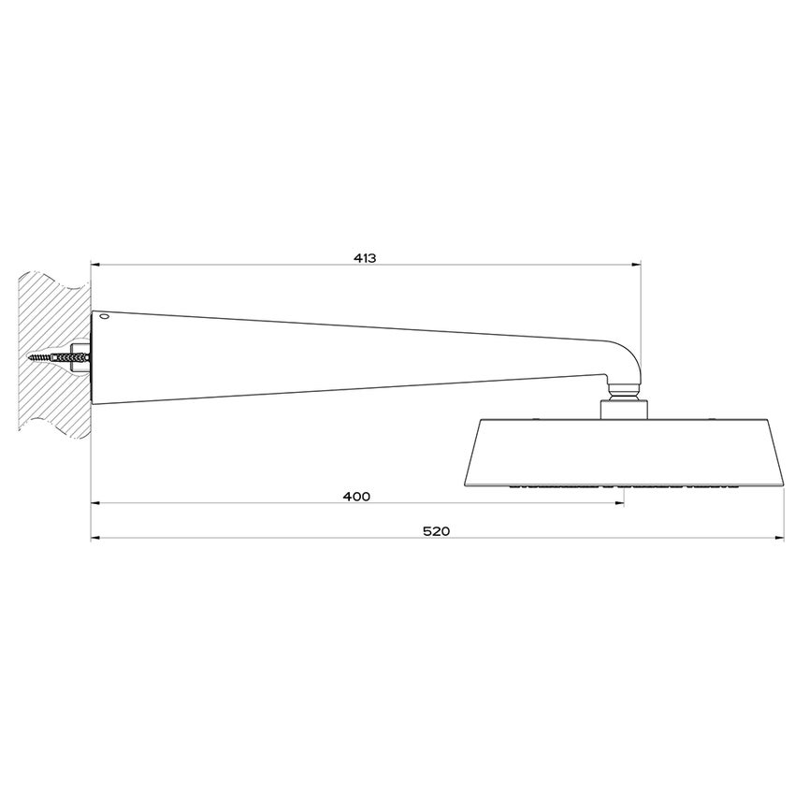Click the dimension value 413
coord(365,257)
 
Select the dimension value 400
coord(356,496)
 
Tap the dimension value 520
coord(436,530)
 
